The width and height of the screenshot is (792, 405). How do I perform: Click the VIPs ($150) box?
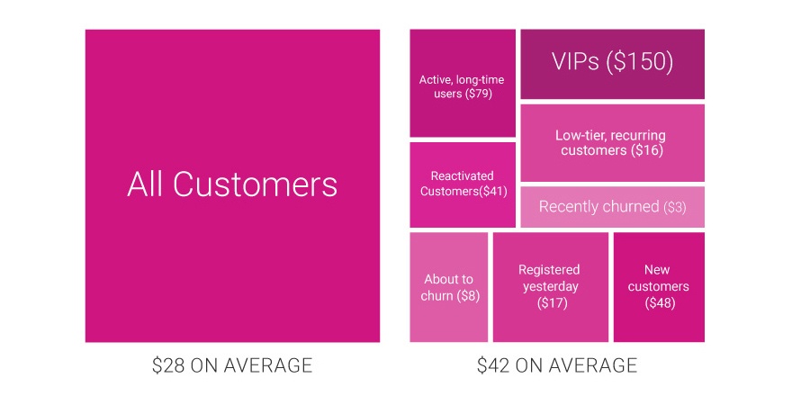[x=612, y=64]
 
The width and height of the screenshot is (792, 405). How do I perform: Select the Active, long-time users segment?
[x=463, y=83]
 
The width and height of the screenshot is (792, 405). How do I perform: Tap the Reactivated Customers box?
[x=463, y=184]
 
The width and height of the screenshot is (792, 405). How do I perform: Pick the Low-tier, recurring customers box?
[x=612, y=143]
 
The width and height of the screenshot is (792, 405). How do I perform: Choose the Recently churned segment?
[x=612, y=206]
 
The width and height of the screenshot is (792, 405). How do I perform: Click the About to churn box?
[x=448, y=287]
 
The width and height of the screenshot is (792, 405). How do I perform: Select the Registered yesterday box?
[x=551, y=287]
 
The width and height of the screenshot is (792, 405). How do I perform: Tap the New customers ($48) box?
[x=659, y=287]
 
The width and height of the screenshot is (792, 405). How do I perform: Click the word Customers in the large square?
[x=255, y=184]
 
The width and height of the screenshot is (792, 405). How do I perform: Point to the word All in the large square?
[x=144, y=184]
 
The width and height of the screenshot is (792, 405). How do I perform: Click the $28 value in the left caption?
[x=168, y=365]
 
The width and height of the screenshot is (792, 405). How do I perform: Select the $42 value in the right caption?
[x=493, y=365]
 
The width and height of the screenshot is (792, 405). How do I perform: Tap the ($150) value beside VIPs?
[x=639, y=61]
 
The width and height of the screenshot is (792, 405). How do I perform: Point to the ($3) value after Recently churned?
[x=674, y=207]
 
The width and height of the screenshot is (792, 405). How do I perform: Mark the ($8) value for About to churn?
[x=468, y=296]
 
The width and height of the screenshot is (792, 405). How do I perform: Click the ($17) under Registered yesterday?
[x=552, y=303]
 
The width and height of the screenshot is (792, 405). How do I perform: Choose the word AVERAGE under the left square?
[x=267, y=365]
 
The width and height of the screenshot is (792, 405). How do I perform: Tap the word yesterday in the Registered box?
[x=550, y=287]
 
